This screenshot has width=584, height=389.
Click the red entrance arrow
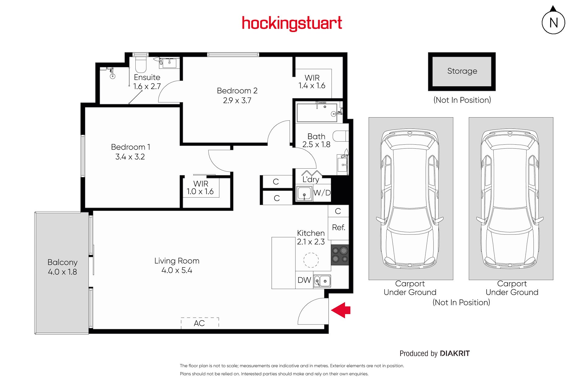(x=341, y=310)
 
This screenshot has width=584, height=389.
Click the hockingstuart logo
(x=292, y=23)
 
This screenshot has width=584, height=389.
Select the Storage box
(x=462, y=71)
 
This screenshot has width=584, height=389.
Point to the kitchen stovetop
(x=340, y=255)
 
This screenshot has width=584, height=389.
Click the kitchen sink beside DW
(x=322, y=281)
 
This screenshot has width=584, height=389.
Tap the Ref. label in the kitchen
(x=339, y=227)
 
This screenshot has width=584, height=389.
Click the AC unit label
(x=199, y=323)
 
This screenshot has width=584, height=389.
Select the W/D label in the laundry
(x=322, y=193)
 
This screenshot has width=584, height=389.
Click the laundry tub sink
(x=304, y=194)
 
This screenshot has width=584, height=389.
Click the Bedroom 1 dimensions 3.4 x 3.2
(x=130, y=157)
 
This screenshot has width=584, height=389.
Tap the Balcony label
(x=63, y=262)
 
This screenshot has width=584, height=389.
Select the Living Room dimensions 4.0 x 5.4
(x=177, y=270)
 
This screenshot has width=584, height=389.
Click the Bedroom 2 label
(x=237, y=91)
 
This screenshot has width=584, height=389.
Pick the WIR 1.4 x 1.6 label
(x=312, y=82)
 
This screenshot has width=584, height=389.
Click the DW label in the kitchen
(x=304, y=280)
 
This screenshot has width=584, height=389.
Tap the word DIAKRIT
(x=455, y=353)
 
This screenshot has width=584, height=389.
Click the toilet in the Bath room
(x=340, y=136)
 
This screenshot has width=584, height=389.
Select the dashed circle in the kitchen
(x=311, y=260)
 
